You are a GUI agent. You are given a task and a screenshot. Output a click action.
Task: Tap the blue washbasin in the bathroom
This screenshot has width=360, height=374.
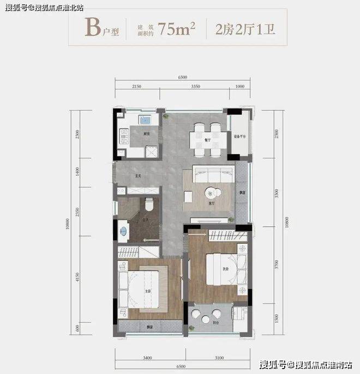tap(124, 231)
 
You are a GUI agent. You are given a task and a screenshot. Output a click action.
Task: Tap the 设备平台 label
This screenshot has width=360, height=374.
tap(241, 136)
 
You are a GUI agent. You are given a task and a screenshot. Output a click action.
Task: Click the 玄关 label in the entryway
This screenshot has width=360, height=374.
tap(138, 176)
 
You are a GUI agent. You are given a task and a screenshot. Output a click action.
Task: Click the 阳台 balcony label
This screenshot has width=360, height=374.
tap(215, 323)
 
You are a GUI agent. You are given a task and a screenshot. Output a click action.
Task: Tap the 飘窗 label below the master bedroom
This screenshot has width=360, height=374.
tap(149, 327)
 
